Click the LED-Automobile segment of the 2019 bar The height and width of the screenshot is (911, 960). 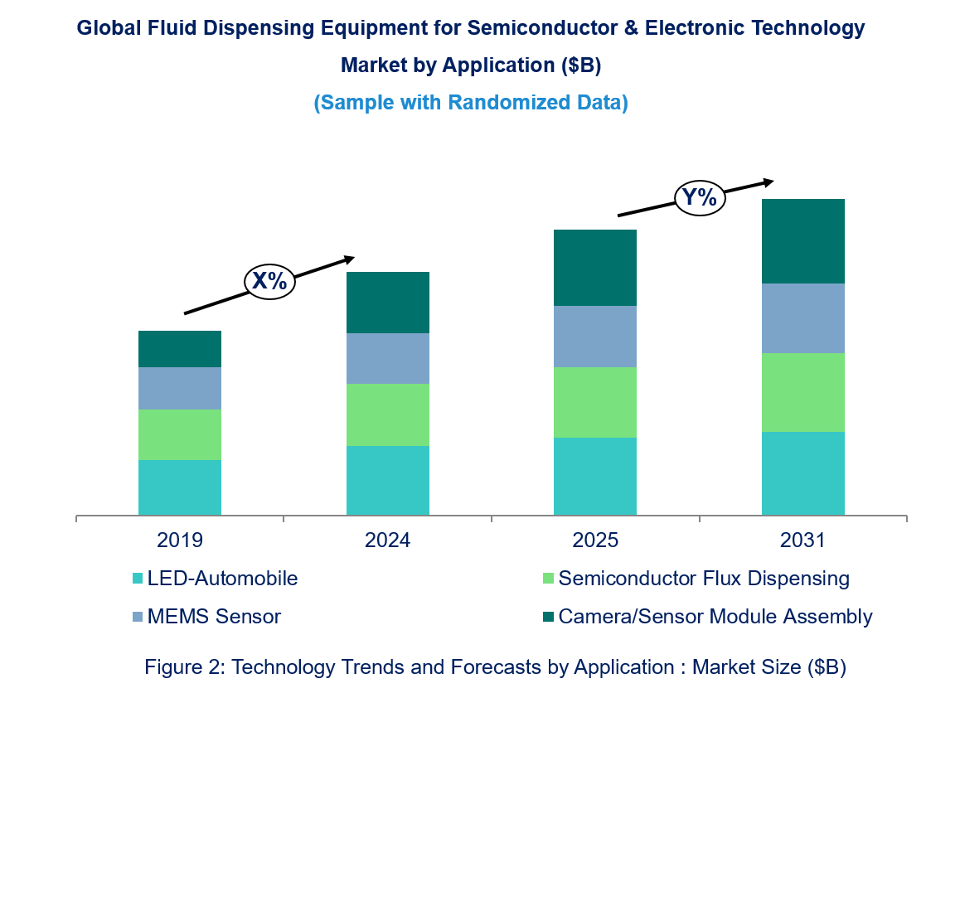click(180, 487)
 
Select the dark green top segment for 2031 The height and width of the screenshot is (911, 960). click(802, 241)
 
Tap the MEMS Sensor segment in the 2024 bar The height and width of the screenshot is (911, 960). click(387, 358)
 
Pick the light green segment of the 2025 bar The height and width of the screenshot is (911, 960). click(595, 402)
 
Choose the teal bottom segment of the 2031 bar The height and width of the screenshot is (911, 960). click(802, 473)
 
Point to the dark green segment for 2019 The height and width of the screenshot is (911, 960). click(180, 349)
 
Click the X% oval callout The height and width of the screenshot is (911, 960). click(269, 281)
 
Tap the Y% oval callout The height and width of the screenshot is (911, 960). click(699, 198)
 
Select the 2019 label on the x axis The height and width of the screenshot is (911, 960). click(180, 540)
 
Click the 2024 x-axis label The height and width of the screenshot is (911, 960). click(387, 540)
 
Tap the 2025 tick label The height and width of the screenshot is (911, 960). click(595, 540)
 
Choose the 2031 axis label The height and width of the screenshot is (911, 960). click(802, 540)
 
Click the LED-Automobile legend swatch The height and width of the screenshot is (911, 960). click(138, 579)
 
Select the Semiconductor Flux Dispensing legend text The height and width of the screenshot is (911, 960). click(704, 579)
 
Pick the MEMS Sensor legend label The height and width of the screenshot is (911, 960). click(214, 617)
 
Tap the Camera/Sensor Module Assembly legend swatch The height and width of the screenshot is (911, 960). click(548, 617)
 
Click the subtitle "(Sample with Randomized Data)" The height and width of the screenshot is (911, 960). click(471, 103)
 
